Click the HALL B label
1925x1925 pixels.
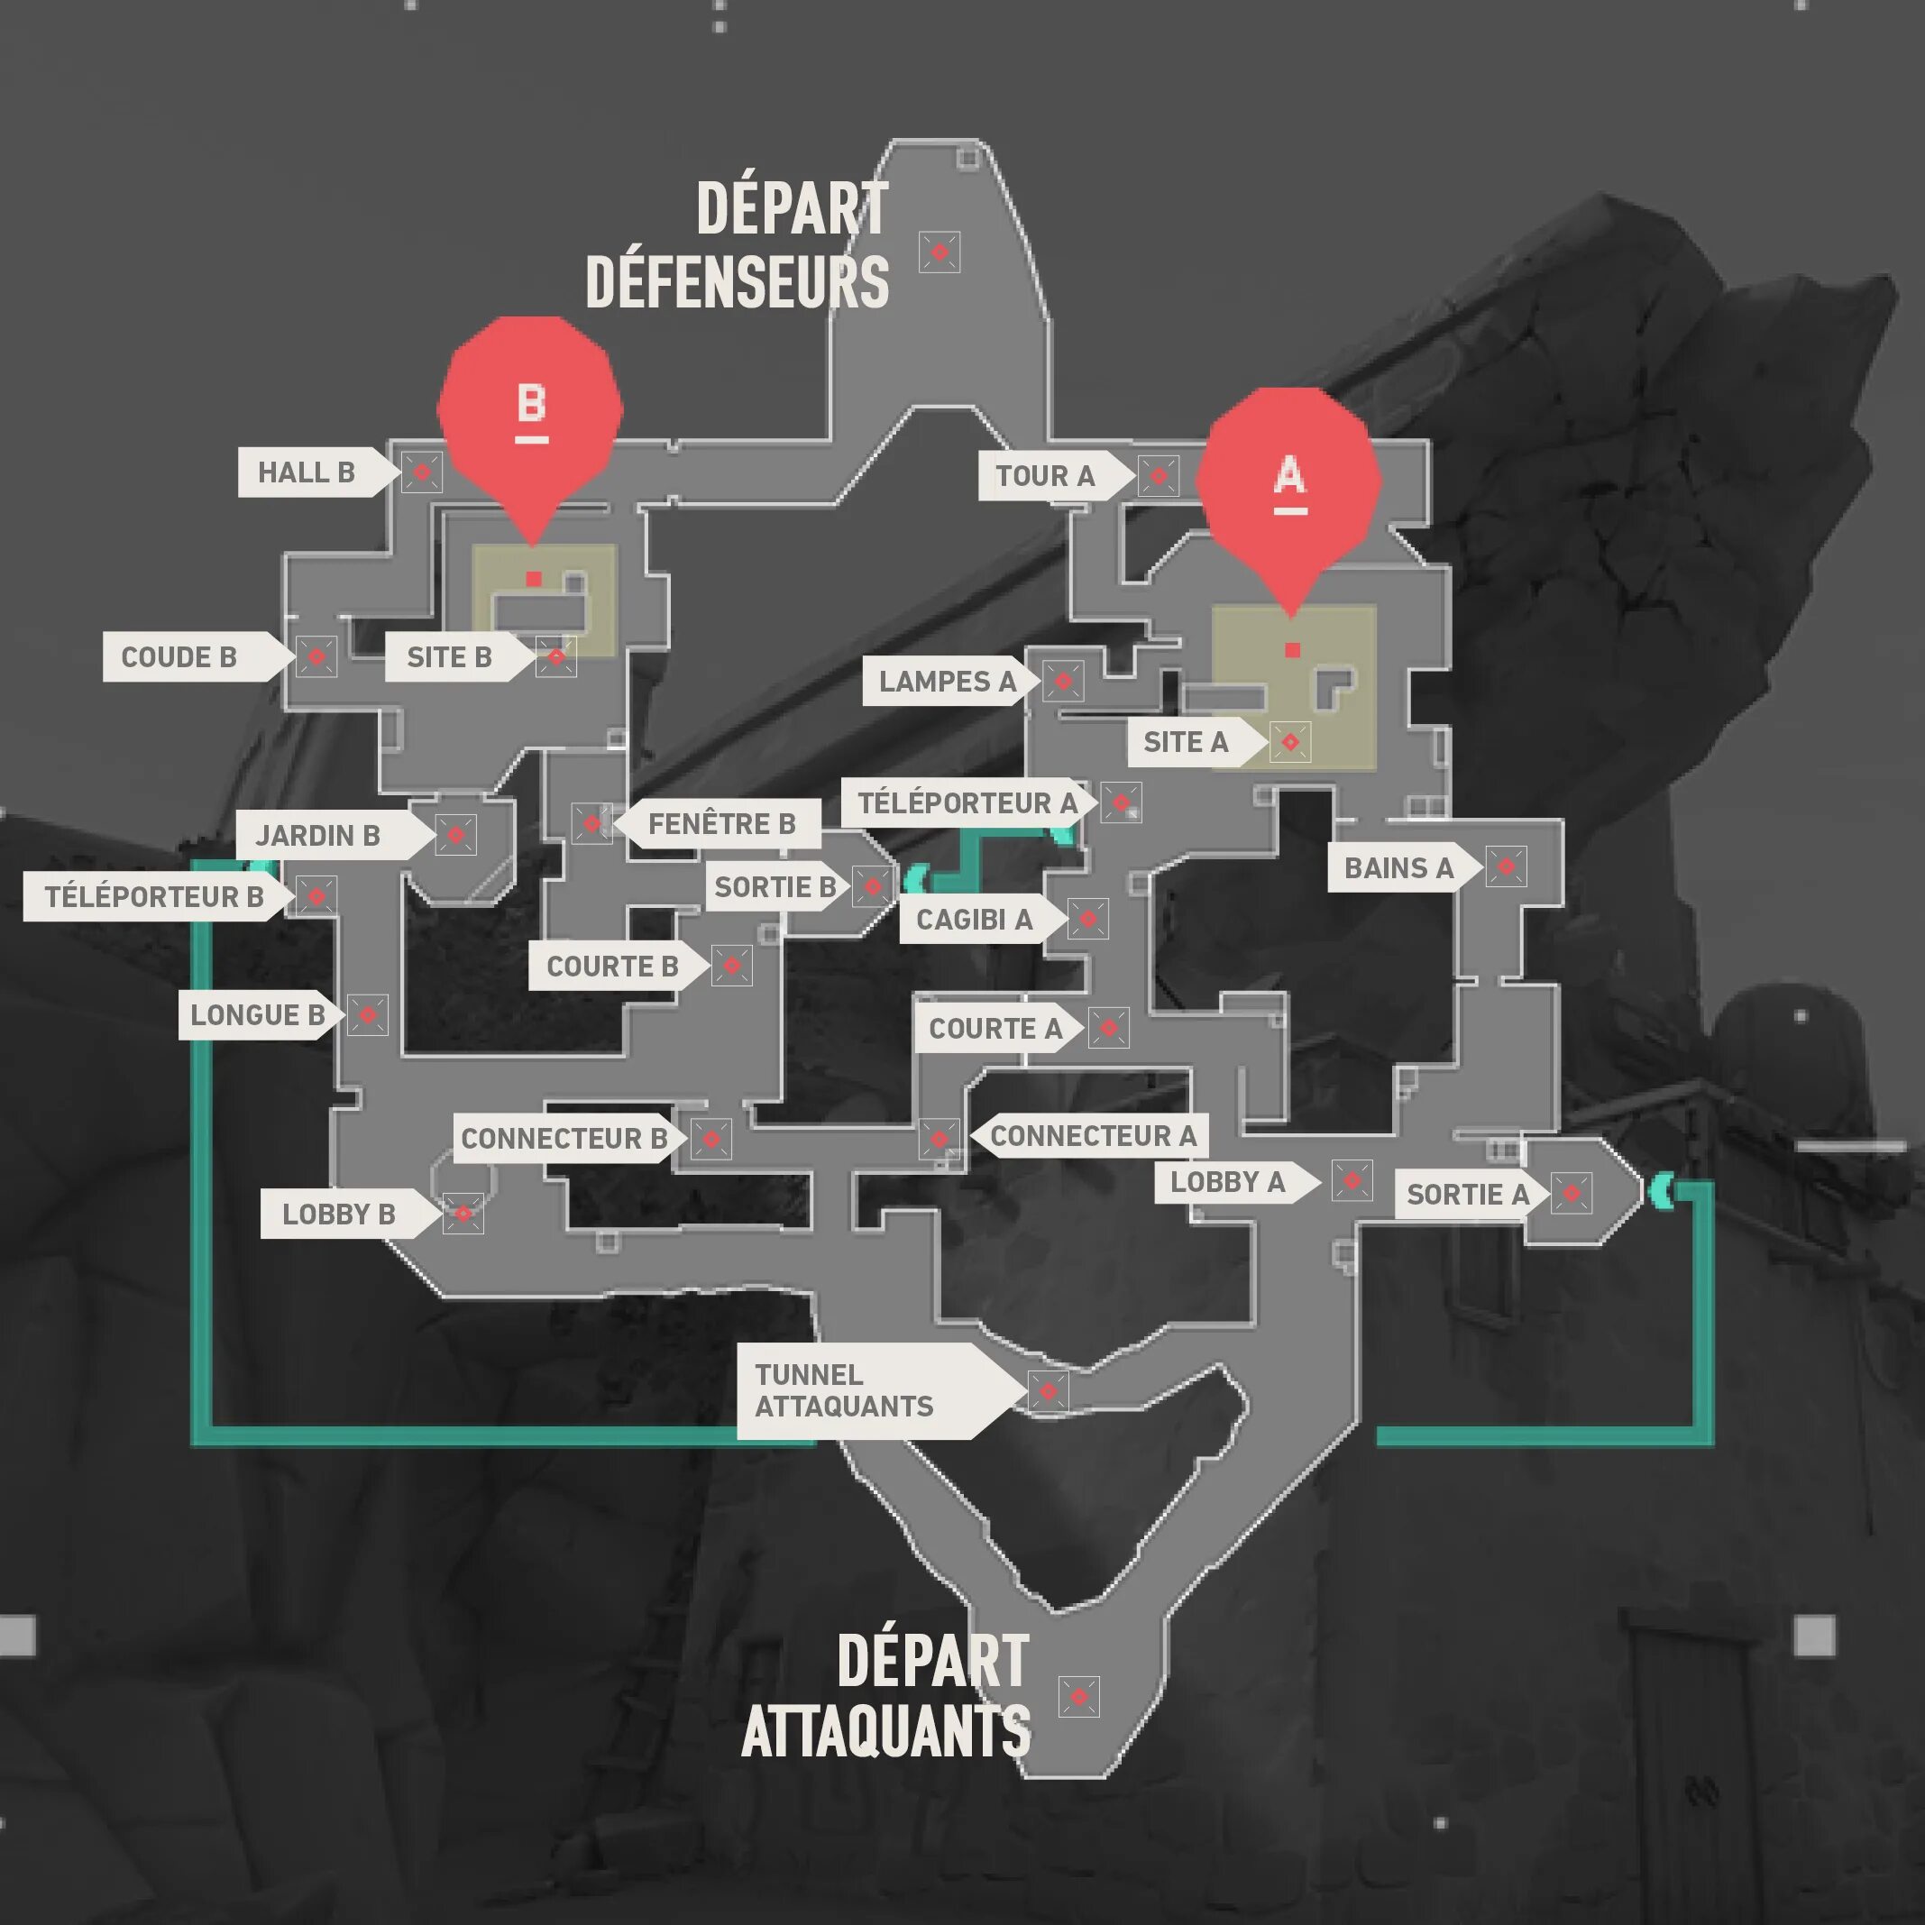pyautogui.click(x=307, y=472)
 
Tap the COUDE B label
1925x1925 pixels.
pyautogui.click(x=179, y=657)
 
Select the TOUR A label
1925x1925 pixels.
pyautogui.click(x=1045, y=476)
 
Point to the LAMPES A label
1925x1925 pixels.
pyautogui.click(x=948, y=682)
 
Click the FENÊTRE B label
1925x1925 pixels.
pyautogui.click(x=722, y=824)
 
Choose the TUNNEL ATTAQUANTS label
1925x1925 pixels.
pyautogui.click(x=845, y=1390)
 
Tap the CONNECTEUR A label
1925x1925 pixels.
pyautogui.click(x=1093, y=1136)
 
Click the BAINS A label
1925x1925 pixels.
pyautogui.click(x=1399, y=868)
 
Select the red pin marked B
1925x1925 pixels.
pyautogui.click(x=531, y=408)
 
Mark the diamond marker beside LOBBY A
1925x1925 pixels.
pyautogui.click(x=1352, y=1181)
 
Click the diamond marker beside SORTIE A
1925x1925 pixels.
pyautogui.click(x=1572, y=1193)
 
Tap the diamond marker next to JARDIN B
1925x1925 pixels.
pyautogui.click(x=455, y=835)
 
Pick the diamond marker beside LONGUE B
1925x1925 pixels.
pyautogui.click(x=368, y=1014)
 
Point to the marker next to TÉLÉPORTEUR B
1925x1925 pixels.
pyautogui.click(x=316, y=895)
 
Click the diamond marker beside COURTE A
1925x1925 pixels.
pyautogui.click(x=1108, y=1027)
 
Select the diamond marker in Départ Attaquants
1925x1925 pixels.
pyautogui.click(x=1078, y=1697)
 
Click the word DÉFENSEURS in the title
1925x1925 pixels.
pyautogui.click(x=738, y=282)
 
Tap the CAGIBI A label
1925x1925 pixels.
pyautogui.click(x=975, y=919)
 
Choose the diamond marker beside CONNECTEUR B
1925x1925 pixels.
pyautogui.click(x=710, y=1139)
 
